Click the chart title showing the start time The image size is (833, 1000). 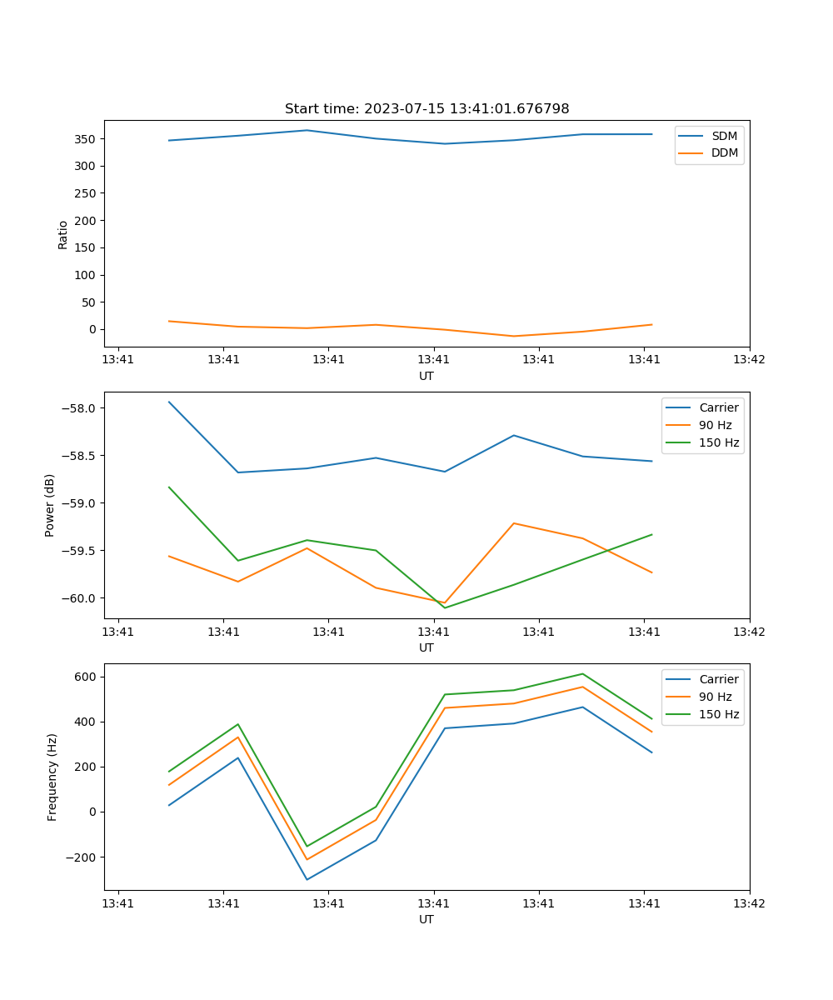[426, 109]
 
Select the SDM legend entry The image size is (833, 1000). [724, 136]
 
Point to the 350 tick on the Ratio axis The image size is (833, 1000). [87, 139]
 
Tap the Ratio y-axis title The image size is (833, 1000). [63, 235]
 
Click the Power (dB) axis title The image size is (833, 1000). [50, 505]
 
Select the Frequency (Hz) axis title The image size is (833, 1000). [52, 777]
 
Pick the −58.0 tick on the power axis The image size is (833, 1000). [79, 408]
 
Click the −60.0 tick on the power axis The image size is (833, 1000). [79, 598]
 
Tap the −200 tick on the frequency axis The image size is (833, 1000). [82, 857]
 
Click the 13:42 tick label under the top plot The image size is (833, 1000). [749, 360]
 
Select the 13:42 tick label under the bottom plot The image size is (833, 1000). [749, 903]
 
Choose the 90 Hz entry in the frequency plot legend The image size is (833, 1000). [716, 697]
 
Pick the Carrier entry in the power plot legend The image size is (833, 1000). [718, 407]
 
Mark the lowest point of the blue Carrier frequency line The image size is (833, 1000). [307, 879]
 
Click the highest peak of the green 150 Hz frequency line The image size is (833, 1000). [582, 673]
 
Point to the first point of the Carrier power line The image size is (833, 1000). [169, 402]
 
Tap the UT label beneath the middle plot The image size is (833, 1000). [426, 647]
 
